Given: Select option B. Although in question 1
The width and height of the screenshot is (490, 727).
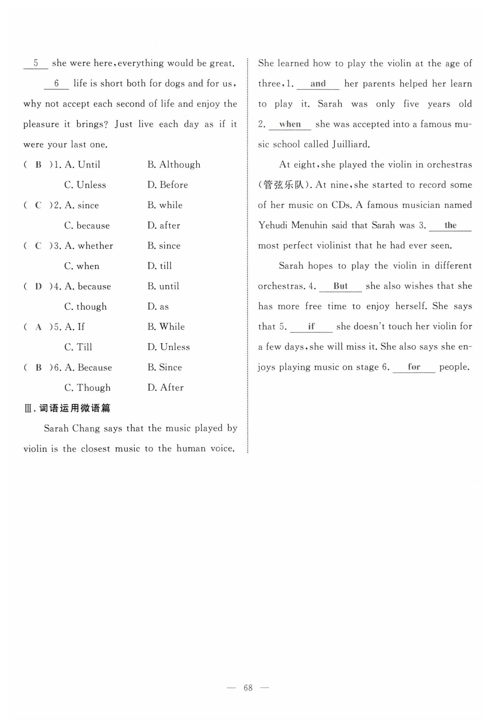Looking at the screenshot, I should (x=174, y=165).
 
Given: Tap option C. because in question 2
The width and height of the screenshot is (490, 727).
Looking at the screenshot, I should (x=87, y=226).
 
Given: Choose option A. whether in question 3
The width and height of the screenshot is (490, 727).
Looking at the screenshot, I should (x=89, y=246).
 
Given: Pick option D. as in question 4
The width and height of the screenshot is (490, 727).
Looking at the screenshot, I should (x=158, y=306).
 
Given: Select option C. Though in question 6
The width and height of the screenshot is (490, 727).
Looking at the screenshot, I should (x=87, y=388).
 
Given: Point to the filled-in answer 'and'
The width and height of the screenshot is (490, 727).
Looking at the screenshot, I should (x=318, y=84).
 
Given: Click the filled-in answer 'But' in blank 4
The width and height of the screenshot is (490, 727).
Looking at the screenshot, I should (x=340, y=286).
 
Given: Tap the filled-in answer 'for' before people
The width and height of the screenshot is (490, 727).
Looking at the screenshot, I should (x=414, y=367).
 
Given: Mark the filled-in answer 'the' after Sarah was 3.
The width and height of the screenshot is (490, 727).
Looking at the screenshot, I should (x=450, y=225).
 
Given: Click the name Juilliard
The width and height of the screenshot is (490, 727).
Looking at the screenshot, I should (x=351, y=144).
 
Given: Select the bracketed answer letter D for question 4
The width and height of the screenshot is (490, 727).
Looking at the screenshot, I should (x=39, y=287).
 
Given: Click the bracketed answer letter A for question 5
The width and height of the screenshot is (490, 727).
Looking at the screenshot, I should (x=39, y=327).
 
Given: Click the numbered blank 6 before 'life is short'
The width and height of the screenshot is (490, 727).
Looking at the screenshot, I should (x=56, y=83).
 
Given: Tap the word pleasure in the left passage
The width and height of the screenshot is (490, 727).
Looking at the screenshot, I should (x=41, y=124).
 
